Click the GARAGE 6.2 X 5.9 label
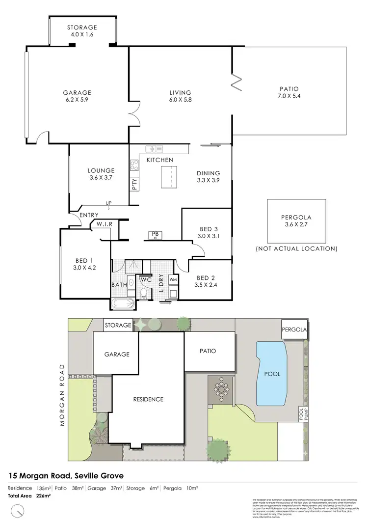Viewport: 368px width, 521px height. (x=77, y=96)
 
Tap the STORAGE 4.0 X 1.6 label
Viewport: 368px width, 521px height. (x=82, y=31)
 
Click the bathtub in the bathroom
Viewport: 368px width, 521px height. (x=123, y=303)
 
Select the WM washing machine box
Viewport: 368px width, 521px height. (x=173, y=279)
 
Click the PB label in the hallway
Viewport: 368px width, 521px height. (x=155, y=234)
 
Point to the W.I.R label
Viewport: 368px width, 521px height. (x=105, y=224)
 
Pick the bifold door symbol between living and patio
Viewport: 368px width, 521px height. (x=237, y=82)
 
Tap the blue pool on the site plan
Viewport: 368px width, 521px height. (x=271, y=374)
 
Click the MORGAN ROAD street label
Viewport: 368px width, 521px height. (x=62, y=395)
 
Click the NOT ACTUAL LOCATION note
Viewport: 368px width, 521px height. (x=296, y=249)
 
